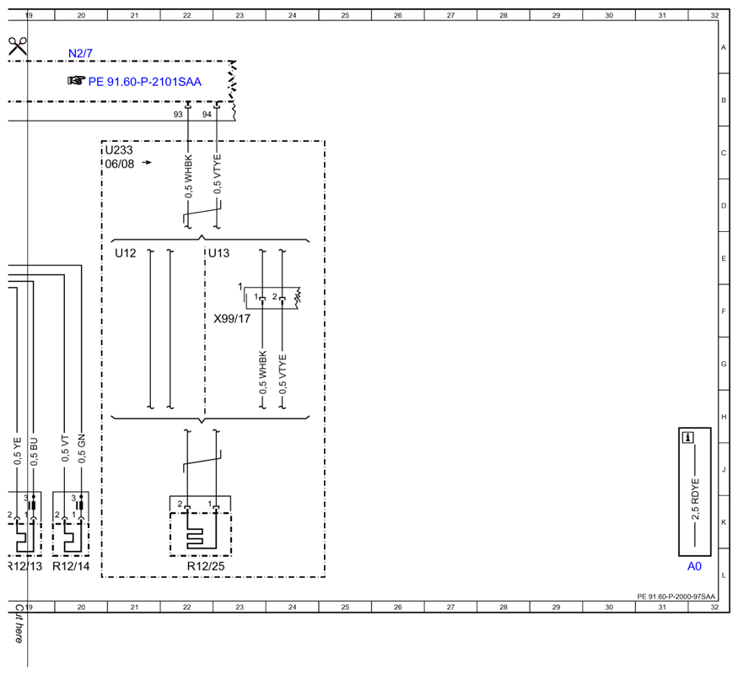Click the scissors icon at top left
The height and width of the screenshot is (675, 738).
(18, 46)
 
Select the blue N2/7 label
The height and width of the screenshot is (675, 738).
(80, 53)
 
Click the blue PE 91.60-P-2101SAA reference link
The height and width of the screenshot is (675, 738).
(144, 82)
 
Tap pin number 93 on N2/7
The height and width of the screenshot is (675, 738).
(178, 115)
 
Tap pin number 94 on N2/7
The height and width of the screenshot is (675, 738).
(207, 115)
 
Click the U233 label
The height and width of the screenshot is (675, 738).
(119, 150)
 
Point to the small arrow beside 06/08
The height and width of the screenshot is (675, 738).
(147, 162)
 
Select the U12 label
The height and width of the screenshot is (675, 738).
(125, 253)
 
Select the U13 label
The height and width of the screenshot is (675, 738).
(218, 253)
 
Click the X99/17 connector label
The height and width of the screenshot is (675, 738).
(232, 319)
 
